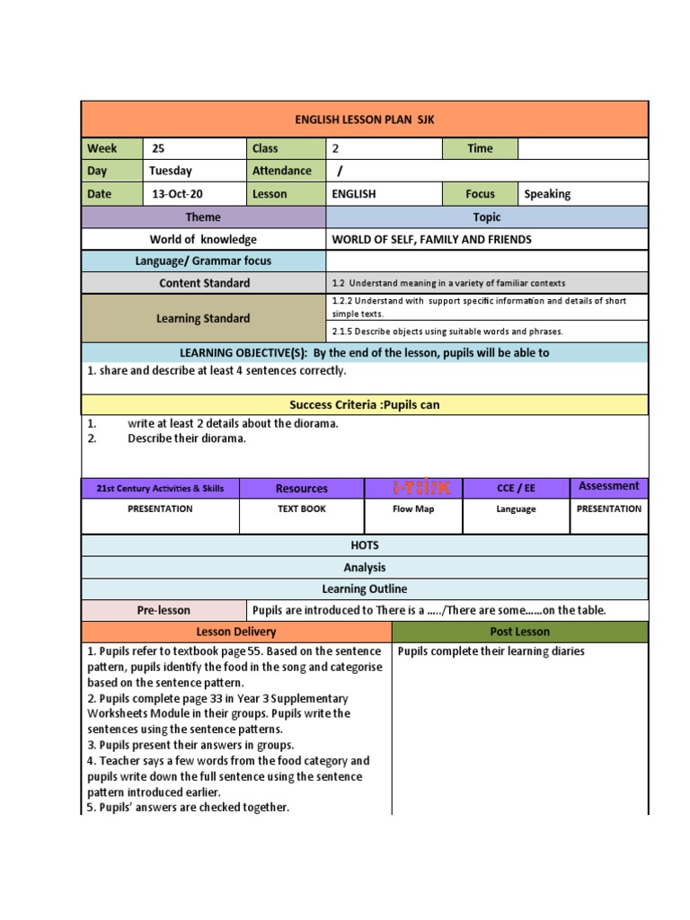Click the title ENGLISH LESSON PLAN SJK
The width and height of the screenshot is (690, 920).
coord(365,119)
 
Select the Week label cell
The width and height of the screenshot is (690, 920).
coord(111,148)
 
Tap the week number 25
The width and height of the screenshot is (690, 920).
coord(159,148)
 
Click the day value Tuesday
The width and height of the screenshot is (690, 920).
coord(172,171)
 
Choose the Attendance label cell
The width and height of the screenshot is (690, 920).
coord(282,171)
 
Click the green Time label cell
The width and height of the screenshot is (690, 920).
coord(480,148)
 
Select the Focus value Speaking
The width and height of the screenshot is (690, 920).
coord(547,193)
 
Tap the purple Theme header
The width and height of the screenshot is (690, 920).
coord(203,217)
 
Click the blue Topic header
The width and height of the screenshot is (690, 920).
coord(487,217)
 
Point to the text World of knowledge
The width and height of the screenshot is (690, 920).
coord(203,239)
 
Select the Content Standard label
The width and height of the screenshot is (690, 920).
coord(204,283)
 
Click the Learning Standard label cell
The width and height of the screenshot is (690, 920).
coord(203,318)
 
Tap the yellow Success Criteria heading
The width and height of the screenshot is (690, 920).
coord(365,404)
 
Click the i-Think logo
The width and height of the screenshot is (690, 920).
coord(413,488)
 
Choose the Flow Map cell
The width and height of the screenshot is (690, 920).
coord(413,509)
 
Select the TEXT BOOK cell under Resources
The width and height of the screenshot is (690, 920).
coord(302,509)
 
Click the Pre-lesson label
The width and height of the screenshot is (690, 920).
coord(164,610)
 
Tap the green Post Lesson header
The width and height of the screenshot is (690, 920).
coord(519,632)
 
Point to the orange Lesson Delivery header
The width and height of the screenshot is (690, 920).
coord(236,632)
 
